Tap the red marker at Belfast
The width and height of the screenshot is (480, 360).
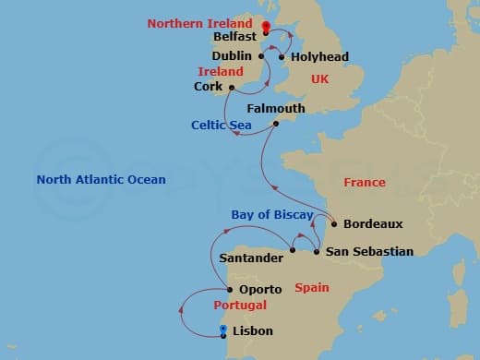266,28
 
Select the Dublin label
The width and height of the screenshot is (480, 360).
233,56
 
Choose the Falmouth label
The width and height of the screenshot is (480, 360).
275,108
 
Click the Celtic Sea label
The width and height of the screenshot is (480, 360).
223,125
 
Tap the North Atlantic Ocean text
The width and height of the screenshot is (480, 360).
102,180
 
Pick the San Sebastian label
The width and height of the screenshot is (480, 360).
369,251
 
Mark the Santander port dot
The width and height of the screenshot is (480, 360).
292,249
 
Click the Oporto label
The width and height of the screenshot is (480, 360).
260,289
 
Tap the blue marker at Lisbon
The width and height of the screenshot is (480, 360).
223,330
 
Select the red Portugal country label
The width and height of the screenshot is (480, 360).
240,306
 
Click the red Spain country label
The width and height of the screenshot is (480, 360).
312,288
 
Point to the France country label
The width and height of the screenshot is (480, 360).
365,183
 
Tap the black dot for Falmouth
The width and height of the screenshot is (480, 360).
275,124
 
